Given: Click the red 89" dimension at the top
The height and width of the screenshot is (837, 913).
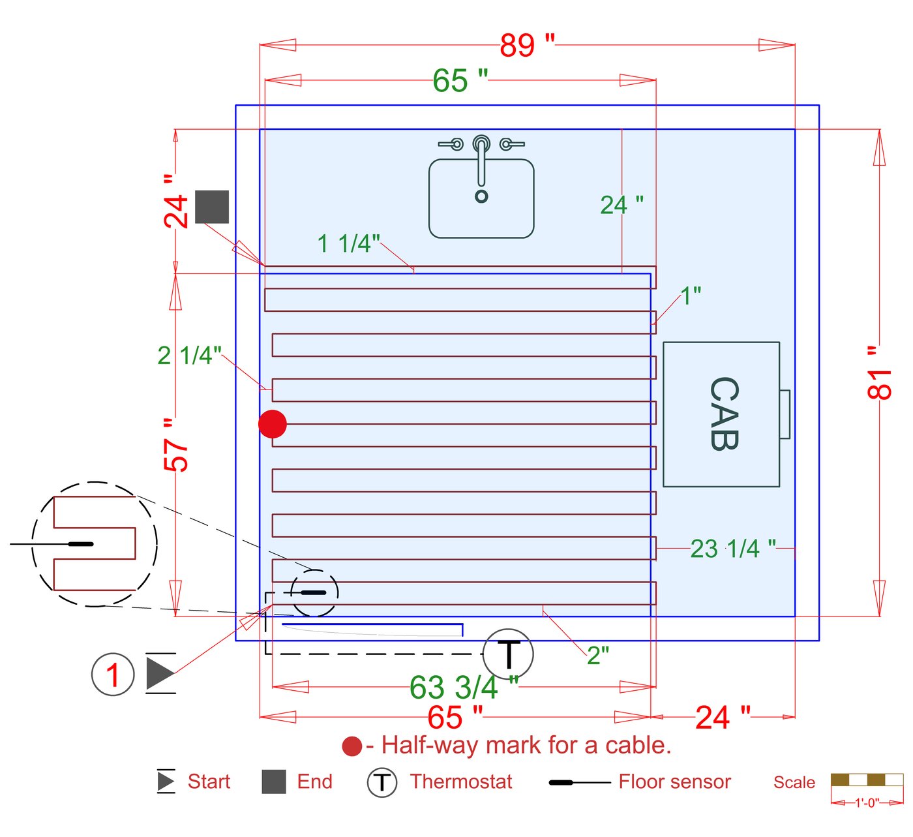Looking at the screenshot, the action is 527,45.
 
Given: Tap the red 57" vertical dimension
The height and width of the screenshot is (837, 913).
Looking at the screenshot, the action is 175,444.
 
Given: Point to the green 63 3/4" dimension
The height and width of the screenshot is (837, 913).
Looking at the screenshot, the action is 464,687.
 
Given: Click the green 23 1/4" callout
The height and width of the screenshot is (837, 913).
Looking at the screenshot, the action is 733,548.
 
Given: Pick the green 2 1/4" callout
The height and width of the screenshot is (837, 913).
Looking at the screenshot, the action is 189,355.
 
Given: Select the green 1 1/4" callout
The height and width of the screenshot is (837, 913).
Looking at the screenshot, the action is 349,243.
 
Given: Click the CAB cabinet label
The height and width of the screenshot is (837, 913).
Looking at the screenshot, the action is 724,414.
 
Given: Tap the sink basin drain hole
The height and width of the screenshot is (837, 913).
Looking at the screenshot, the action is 481,196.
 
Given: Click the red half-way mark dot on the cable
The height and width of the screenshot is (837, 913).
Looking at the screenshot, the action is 272,424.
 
